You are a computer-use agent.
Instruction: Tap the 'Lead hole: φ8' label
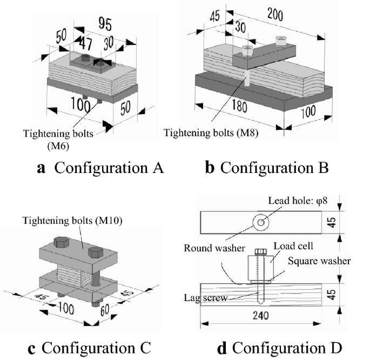pos(294,202)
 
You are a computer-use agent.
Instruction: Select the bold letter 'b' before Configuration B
pos(211,167)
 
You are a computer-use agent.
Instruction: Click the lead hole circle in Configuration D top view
pos(261,222)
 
